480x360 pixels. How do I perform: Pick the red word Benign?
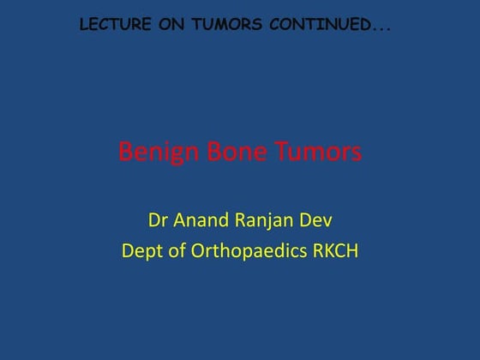pos(154,153)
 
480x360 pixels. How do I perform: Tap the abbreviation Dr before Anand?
pos(157,221)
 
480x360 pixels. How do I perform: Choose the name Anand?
pos(202,221)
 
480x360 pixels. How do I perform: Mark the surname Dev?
pos(316,221)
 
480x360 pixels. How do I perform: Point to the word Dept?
pos(142,252)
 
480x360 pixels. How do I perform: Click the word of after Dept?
pos(178,251)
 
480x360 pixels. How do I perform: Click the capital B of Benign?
pos(125,153)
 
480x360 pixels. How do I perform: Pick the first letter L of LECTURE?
pos(83,25)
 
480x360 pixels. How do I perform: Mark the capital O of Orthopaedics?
pos(199,251)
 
